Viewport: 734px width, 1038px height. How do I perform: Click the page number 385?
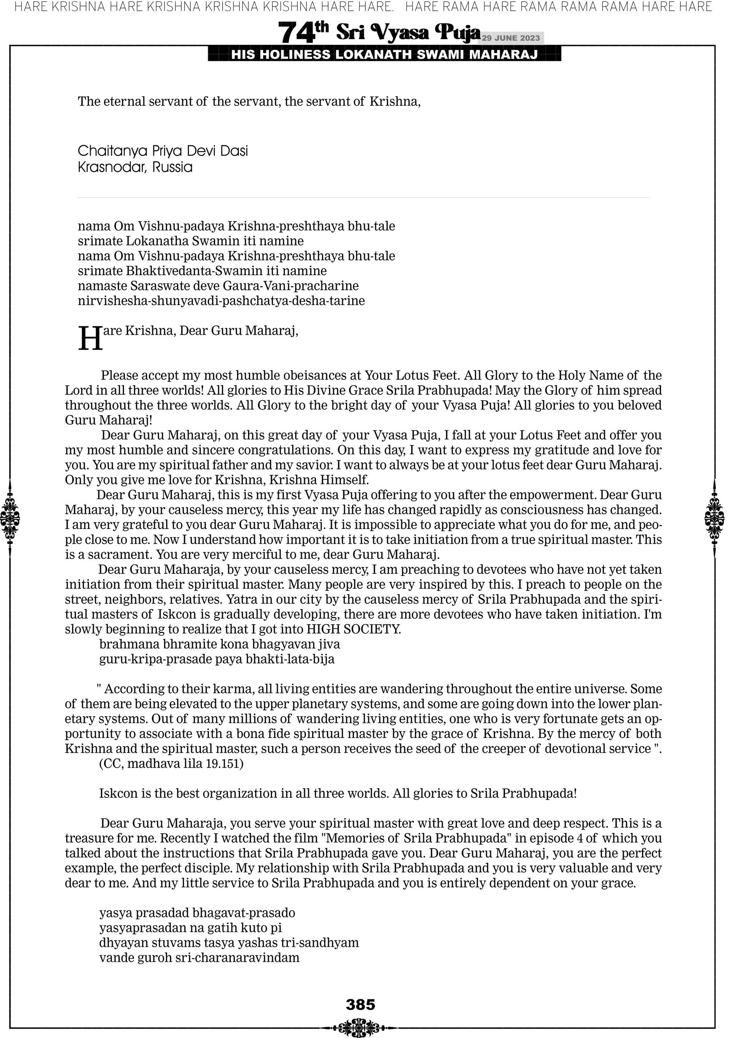[361, 1005]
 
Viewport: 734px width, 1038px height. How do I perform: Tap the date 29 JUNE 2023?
[510, 38]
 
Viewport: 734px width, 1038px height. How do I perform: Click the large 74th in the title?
[303, 32]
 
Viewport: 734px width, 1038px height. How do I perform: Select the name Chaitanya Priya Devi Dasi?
[163, 151]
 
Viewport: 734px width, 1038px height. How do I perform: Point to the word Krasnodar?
[111, 167]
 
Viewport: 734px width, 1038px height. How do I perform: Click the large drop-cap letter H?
[90, 339]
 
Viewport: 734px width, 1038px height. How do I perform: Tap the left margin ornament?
[10, 518]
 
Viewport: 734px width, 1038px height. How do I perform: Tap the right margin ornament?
[714, 518]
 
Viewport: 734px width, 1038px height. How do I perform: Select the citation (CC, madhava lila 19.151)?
[171, 764]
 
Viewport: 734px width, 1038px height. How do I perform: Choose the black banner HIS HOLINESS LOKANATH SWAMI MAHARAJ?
[385, 55]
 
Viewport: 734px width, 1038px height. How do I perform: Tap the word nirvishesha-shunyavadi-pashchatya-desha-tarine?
[221, 301]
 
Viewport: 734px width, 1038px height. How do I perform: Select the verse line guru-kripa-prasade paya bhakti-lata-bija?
[217, 659]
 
